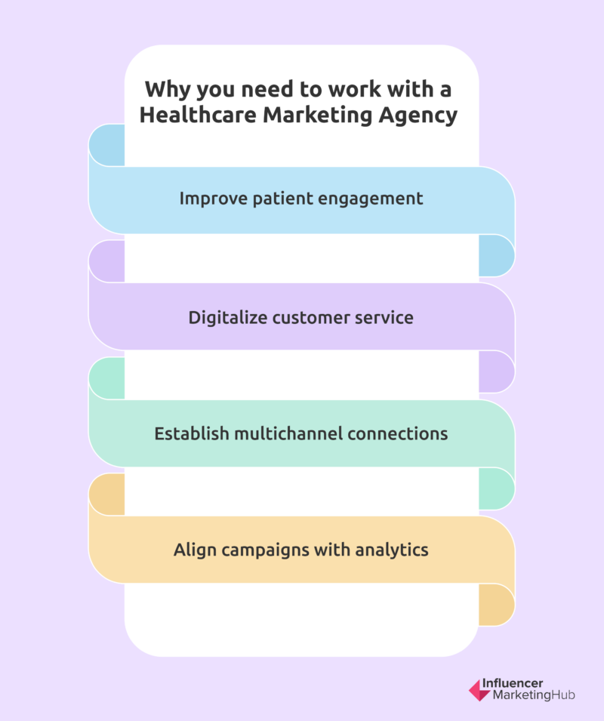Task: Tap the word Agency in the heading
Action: pos(418,116)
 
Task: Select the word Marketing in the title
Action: pos(317,116)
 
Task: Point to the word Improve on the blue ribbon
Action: pos(213,199)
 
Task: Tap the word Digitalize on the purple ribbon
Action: pos(227,318)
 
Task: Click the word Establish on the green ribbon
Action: pos(191,433)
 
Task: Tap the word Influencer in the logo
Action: pos(512,683)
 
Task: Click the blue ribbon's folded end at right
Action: pos(497,255)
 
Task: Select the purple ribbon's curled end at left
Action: pos(106,261)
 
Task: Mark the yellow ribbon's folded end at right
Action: pos(497,605)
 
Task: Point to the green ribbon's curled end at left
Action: pos(106,378)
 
